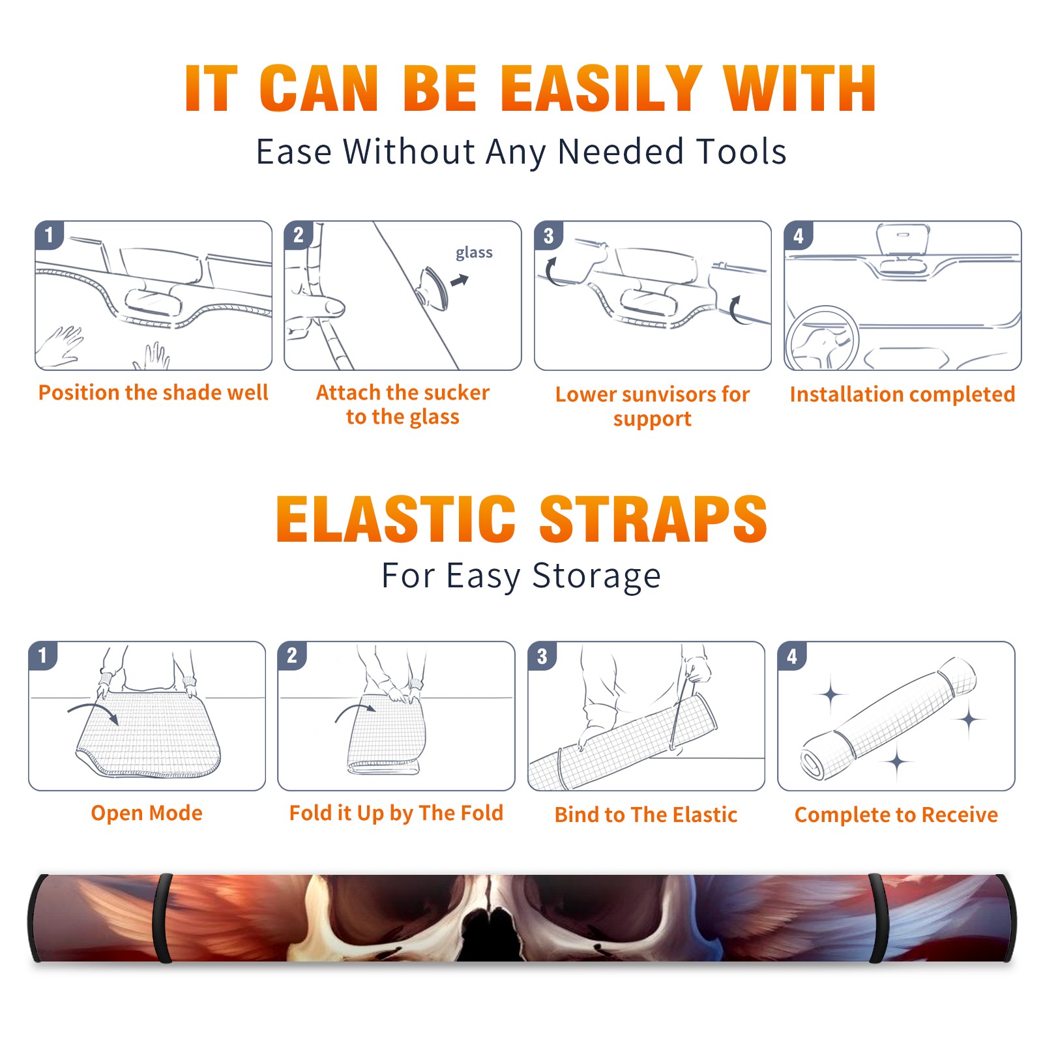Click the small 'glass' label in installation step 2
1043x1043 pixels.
coord(474,253)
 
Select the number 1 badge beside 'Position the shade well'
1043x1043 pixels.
coord(49,235)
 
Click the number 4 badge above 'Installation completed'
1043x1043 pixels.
coord(799,235)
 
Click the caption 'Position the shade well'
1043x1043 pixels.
coord(153,392)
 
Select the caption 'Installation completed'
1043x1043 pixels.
coord(902,394)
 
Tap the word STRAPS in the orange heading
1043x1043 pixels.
coord(653,519)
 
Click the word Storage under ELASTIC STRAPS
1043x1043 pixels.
coord(596,576)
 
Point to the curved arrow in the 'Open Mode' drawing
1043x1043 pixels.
coord(93,709)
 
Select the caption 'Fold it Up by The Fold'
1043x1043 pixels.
coord(396,813)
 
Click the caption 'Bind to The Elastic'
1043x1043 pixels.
coord(646,815)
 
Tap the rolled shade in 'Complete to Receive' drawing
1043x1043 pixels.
coord(888,719)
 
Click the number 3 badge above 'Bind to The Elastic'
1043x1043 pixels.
coord(542,656)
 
